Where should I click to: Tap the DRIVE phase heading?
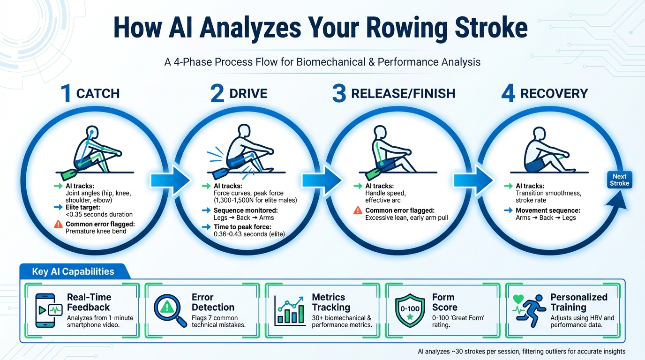248,93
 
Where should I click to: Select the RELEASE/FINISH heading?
403,93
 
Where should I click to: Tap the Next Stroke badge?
619,180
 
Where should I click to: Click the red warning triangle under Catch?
58,224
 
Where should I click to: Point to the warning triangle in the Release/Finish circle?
357,210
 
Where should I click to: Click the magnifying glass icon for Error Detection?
168,309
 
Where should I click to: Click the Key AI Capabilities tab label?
73,271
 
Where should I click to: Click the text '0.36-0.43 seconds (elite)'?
249,234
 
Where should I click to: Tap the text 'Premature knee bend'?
96,231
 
